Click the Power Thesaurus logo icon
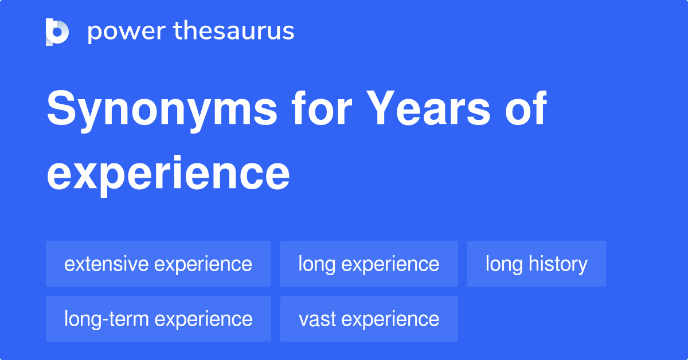pos(57,32)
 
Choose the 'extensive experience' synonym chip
pos(158,264)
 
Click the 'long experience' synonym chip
pos(369,264)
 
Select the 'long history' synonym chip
pos(536,264)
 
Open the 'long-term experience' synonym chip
pos(158,319)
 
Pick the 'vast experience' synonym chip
pos(369,319)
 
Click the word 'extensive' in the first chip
pos(107,264)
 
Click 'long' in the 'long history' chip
pos(504,264)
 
